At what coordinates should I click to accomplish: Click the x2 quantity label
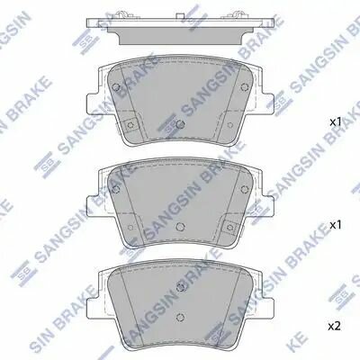(334, 326)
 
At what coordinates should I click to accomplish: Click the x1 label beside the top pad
(336, 122)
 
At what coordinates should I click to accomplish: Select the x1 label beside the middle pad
(336, 225)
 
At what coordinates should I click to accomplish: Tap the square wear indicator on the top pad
(130, 124)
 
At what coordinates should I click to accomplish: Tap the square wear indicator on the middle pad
(229, 227)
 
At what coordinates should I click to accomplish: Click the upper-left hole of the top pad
(116, 87)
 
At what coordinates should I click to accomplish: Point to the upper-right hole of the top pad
(244, 87)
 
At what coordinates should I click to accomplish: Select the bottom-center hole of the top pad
(180, 124)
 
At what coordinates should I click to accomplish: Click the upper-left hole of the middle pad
(116, 189)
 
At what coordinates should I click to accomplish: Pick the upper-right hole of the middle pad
(244, 189)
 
